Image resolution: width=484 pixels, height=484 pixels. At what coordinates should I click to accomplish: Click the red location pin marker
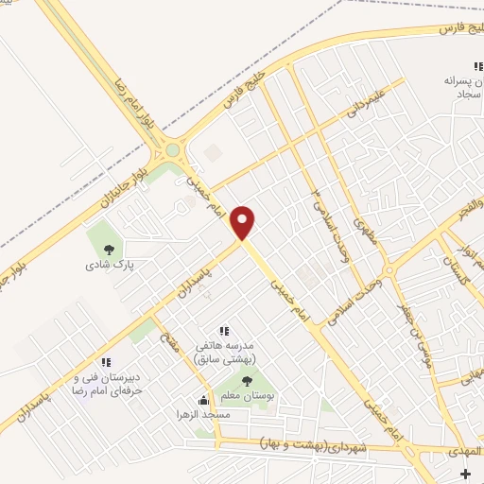pos(244,222)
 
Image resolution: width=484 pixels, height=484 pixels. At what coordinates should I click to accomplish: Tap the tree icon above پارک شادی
pos(111,250)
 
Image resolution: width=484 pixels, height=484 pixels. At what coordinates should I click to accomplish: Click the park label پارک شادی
pos(112,266)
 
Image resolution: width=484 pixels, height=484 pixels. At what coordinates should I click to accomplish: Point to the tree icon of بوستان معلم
pos(247,382)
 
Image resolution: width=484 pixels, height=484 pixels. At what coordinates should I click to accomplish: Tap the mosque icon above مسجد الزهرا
pos(202,399)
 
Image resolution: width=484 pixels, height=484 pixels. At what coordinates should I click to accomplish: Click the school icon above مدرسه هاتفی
pos(224,331)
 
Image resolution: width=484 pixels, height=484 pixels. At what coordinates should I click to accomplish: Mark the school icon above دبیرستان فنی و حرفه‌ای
pos(107,362)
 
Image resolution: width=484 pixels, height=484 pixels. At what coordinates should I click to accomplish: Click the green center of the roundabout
pos(172,150)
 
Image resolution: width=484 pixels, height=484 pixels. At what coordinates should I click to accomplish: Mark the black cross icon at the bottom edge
pos(463,473)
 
